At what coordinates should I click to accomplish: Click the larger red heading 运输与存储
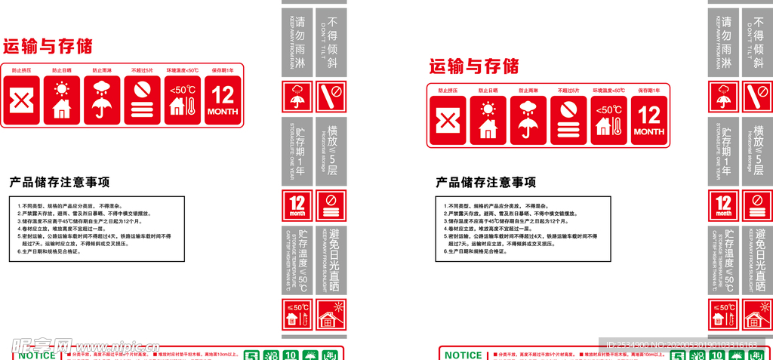pyautogui.click(x=474, y=66)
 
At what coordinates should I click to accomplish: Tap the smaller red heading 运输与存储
pyautogui.click(x=48, y=46)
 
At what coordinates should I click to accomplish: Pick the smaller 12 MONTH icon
pyautogui.click(x=223, y=100)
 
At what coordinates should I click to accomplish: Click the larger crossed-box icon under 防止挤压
pyautogui.click(x=448, y=121)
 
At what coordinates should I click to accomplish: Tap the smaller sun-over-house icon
pyautogui.click(x=62, y=100)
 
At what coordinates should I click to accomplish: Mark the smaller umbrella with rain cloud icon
pyautogui.click(x=102, y=100)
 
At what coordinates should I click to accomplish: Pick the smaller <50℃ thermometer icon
pyautogui.click(x=183, y=100)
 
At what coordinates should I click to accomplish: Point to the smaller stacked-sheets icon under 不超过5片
pyautogui.click(x=142, y=100)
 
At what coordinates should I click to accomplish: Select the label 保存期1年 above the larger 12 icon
pyautogui.click(x=649, y=91)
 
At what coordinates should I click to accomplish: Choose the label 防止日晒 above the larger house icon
pyautogui.click(x=488, y=91)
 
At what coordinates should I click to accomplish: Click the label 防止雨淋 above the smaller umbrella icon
pyautogui.click(x=102, y=70)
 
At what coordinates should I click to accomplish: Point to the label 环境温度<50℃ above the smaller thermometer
pyautogui.click(x=183, y=70)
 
